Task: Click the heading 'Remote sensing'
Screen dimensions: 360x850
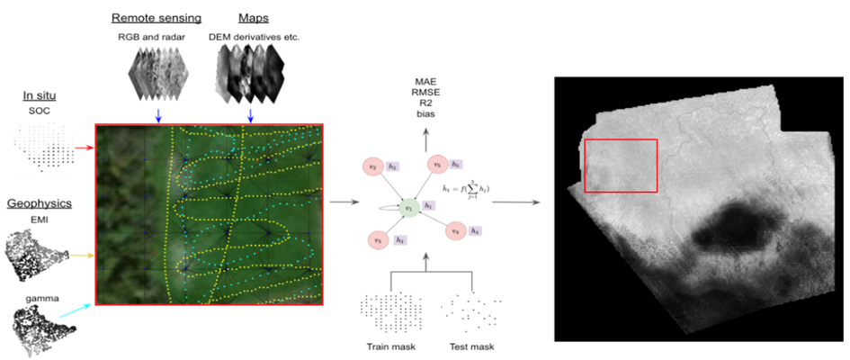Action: pos(156,17)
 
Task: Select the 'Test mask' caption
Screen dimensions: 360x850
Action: pos(467,346)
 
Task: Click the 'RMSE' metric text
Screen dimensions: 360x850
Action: pos(423,92)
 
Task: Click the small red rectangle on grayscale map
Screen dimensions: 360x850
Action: pos(621,166)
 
